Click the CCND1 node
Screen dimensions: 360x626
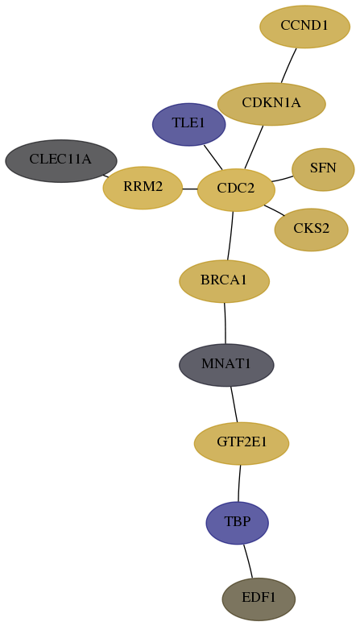point(304,27)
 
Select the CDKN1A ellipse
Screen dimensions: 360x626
point(271,104)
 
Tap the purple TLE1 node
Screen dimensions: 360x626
point(188,125)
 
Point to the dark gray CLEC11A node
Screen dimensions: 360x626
point(61,161)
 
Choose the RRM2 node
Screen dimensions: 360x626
point(143,188)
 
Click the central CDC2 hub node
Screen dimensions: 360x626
point(236,189)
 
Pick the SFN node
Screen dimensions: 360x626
point(323,169)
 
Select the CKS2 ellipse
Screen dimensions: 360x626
point(312,230)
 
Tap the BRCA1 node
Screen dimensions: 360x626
point(225,281)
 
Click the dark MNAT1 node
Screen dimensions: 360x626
point(226,365)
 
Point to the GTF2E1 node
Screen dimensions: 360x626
point(242,443)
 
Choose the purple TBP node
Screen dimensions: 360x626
point(237,523)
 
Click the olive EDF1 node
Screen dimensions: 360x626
point(259,599)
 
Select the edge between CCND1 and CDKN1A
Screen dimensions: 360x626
point(288,66)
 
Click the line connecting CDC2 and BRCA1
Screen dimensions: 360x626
point(230,235)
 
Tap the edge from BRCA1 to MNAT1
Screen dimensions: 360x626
point(225,323)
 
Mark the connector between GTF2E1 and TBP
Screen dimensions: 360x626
point(239,483)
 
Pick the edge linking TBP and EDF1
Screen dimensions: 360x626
point(248,561)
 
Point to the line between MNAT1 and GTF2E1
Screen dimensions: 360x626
point(234,404)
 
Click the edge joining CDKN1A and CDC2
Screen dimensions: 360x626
point(254,147)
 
